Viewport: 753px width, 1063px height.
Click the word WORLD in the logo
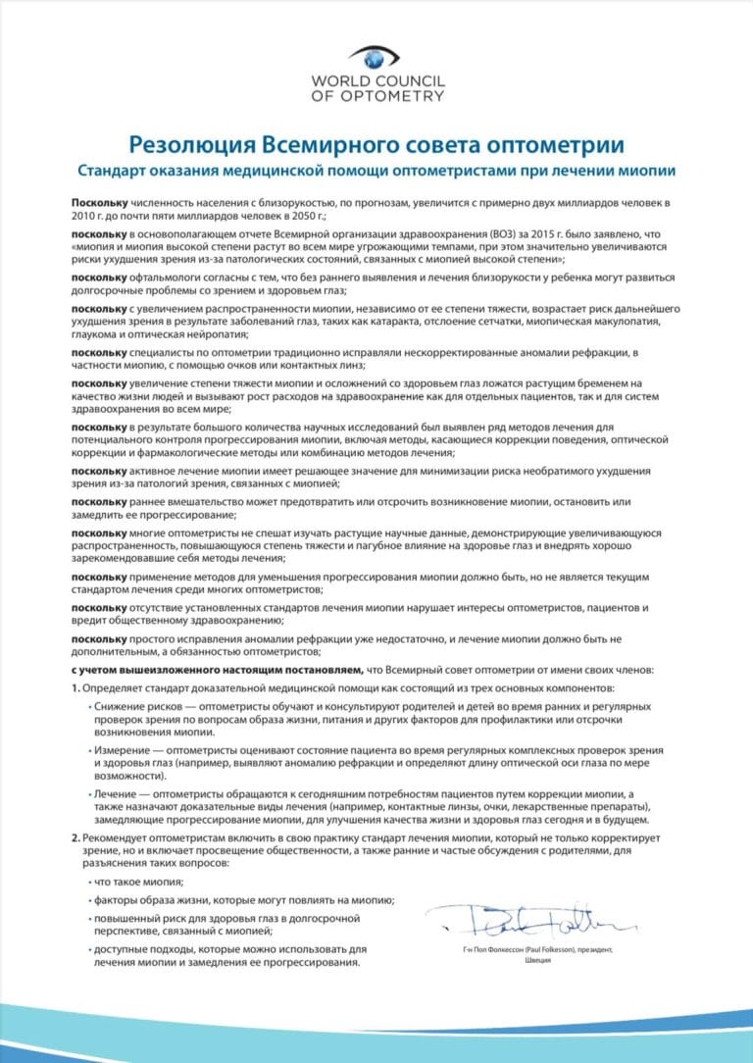(336, 81)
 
